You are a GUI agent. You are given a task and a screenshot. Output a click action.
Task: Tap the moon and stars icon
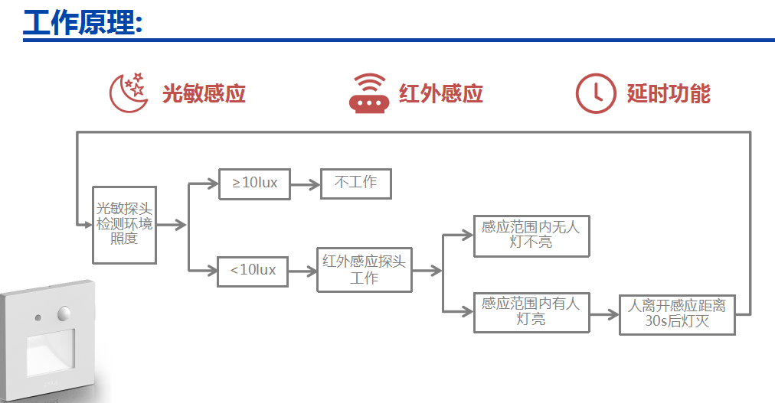tap(128, 93)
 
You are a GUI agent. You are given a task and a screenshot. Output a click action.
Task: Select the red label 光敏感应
tap(204, 93)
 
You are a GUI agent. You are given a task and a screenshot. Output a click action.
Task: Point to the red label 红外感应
tap(441, 93)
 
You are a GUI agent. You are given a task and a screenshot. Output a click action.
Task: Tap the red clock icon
tap(595, 93)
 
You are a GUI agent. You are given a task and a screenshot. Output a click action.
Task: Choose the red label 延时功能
tap(669, 93)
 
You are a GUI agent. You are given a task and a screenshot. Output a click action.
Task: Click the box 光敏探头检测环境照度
tap(124, 224)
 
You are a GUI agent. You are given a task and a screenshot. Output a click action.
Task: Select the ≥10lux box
tap(254, 184)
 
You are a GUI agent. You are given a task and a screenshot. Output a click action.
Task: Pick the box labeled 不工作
tap(355, 184)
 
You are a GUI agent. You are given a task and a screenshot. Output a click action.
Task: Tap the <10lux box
tap(253, 270)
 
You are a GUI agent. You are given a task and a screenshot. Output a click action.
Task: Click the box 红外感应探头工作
tap(364, 269)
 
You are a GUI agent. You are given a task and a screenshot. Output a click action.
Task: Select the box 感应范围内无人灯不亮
tap(531, 235)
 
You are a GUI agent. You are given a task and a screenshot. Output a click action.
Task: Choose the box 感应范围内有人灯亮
tap(531, 312)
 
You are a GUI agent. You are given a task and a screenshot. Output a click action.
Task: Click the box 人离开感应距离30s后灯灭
tap(677, 314)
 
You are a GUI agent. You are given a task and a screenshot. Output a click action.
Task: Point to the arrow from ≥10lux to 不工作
tap(305, 184)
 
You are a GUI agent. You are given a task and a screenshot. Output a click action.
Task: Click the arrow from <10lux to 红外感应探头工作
tap(302, 270)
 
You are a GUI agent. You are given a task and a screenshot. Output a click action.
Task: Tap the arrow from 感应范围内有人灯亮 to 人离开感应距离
tap(604, 313)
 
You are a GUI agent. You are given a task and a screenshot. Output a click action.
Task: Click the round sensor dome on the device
tap(64, 314)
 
